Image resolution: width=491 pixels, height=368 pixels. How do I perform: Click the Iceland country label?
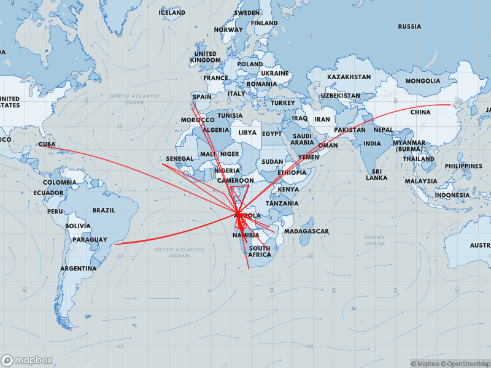[x=172, y=12]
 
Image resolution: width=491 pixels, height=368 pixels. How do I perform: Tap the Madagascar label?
[x=306, y=231]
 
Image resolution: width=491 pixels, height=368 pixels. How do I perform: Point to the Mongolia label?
[x=423, y=80]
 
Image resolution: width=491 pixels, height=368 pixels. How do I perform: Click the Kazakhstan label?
[x=349, y=77]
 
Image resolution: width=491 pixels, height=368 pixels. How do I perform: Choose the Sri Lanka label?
[x=376, y=174]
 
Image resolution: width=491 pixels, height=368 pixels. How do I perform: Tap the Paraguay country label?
[x=90, y=240]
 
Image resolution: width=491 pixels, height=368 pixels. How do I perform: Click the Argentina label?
[x=78, y=269]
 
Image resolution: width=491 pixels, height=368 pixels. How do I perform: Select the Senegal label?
[x=179, y=158]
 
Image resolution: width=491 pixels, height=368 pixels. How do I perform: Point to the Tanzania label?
[x=282, y=203]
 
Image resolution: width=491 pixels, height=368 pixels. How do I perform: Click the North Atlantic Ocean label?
[x=135, y=99]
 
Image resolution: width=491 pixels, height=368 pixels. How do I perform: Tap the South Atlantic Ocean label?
[x=179, y=252]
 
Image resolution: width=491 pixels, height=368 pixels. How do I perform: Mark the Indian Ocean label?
[x=374, y=240]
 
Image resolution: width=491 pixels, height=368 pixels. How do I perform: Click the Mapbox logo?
[x=27, y=361]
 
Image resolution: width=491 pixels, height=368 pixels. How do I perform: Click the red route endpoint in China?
[x=451, y=105]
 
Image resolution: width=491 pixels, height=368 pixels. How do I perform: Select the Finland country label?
[x=264, y=23]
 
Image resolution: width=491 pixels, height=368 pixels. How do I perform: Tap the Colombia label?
[x=60, y=182]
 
